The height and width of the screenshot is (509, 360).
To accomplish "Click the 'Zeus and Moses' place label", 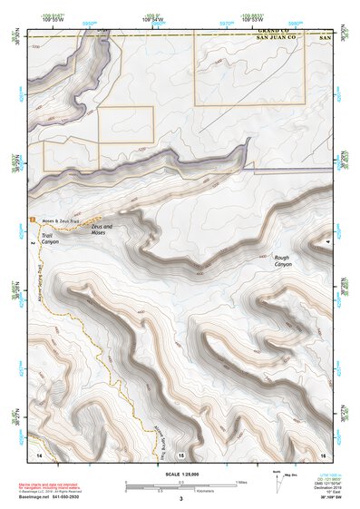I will tap(102, 230).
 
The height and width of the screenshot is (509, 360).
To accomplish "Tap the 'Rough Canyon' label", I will tap(283, 260).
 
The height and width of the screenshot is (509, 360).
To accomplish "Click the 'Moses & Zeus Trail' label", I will tap(57, 220).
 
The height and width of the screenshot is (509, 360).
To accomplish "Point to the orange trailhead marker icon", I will tap(33, 220).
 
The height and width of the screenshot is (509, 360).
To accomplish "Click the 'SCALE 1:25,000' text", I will tap(180, 473).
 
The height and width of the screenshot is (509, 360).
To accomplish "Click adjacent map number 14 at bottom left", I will tap(39, 453).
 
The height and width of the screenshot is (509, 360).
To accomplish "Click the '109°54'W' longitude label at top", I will tap(156, 16).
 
